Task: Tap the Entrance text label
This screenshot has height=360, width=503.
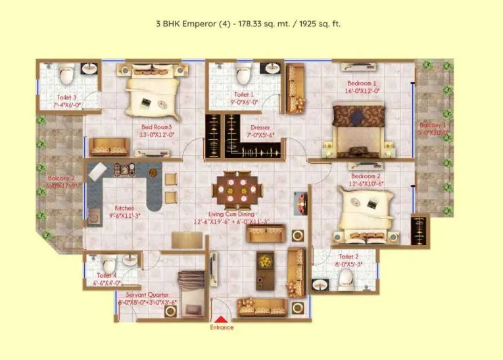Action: coord(222,327)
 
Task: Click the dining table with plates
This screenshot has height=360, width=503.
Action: coord(237,189)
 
